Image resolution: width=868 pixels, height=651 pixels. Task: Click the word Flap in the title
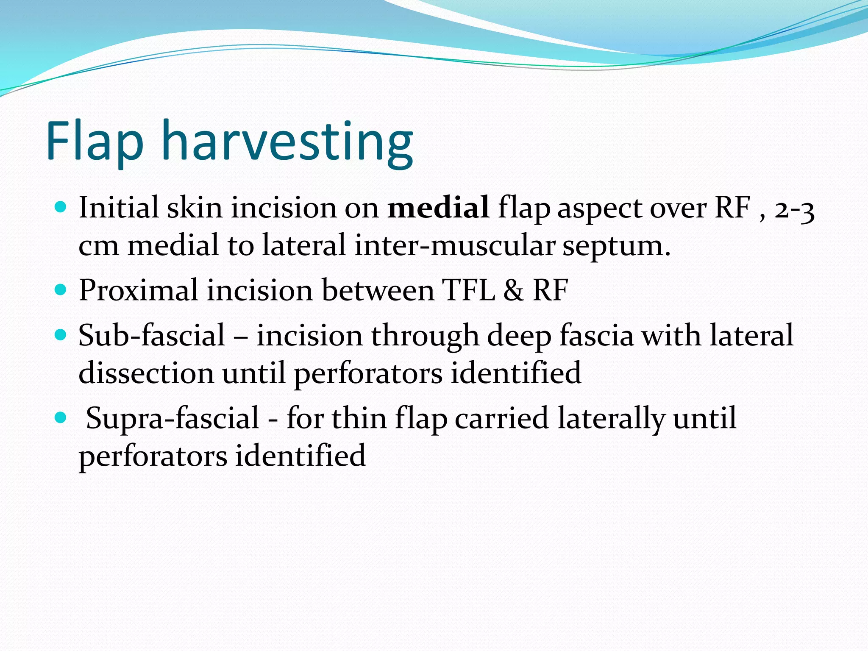(95, 142)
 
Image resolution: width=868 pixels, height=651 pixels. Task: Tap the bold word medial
(438, 208)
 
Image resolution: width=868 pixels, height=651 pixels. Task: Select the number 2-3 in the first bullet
(794, 209)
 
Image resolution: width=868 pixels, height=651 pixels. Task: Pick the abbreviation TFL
(468, 290)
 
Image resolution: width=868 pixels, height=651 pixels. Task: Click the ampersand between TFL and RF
(513, 291)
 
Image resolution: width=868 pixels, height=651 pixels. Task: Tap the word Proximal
(138, 290)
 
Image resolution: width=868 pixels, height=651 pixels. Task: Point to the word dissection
(146, 373)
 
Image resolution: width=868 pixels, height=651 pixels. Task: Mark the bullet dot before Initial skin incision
(61, 207)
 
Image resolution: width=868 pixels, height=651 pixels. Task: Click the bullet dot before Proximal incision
(61, 290)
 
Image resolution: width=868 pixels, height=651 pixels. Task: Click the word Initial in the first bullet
(118, 208)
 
